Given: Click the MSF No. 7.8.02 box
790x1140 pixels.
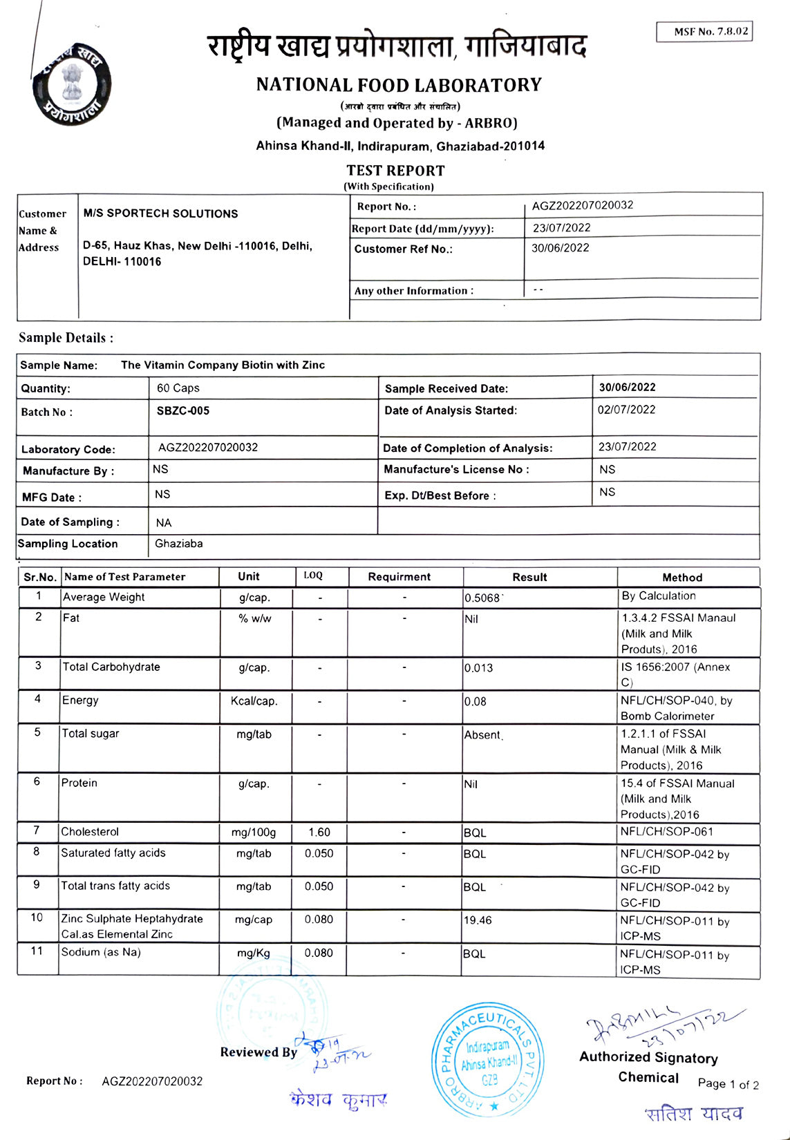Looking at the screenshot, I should coord(704,32).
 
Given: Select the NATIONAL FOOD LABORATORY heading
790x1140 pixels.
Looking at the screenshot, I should coord(399,85).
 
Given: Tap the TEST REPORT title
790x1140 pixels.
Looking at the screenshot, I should coord(395,171).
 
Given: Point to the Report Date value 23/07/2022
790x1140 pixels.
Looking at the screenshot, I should coord(561,228).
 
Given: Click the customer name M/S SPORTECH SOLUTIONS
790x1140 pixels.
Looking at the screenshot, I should coord(160,213).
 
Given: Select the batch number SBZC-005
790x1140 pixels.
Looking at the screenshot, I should coord(182,410).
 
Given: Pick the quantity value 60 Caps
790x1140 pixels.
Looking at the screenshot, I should coord(178,388).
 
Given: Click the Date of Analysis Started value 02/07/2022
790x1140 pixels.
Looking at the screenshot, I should coord(626,410).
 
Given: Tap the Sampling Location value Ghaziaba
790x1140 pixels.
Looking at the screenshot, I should coord(178,544).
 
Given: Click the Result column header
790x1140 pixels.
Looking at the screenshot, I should coord(529,577).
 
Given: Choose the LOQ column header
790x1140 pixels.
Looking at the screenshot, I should coord(313,576).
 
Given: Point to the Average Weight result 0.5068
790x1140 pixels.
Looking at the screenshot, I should coord(482,598).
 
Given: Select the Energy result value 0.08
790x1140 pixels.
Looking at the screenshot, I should coord(475,701).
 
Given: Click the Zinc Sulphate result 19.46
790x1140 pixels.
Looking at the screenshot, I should coord(478,920).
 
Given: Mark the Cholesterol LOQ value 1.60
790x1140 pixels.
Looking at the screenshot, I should coord(319,833).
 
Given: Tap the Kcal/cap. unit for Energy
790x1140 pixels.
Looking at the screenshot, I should coord(254,701).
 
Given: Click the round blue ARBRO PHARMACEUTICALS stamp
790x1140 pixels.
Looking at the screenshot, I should coord(488,1058).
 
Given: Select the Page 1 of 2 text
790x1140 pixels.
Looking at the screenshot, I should coord(728,1084).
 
